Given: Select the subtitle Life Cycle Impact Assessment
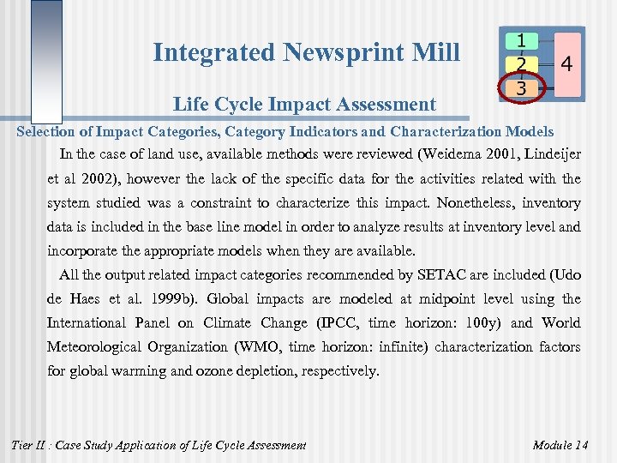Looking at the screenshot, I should coord(304,105).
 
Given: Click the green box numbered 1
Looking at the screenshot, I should coord(521,40).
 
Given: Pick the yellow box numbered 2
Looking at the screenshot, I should coord(521,63).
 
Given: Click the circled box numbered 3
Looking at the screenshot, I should coord(521,87).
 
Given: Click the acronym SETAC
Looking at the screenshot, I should coord(445,275).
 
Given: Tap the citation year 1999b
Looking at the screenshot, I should coord(175,299).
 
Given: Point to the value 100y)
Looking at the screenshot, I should coord(487,323).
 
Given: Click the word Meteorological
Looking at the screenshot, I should coord(101,347).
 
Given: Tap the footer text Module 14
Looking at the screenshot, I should coord(560,444).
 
